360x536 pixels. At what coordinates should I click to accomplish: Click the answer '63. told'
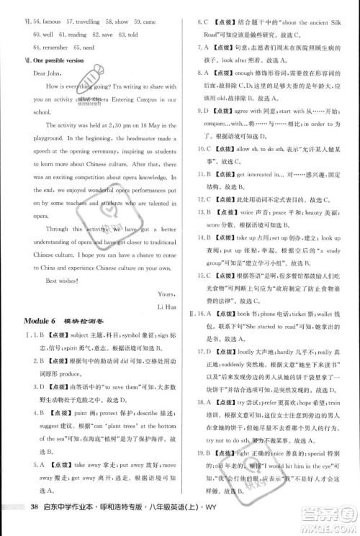(125, 35)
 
